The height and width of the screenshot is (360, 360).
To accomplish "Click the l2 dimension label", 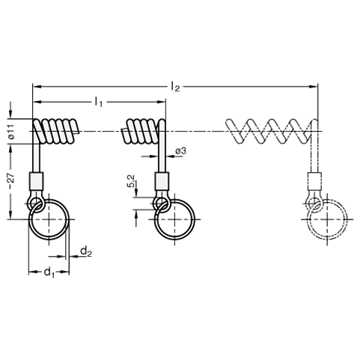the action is coord(175,87).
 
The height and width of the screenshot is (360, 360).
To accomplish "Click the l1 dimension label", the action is coord(98,102).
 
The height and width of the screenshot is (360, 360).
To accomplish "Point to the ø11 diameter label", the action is coord(11,131).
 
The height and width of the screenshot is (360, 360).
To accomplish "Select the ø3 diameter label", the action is coord(180,151).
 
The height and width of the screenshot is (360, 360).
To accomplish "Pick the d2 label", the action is coord(86,251).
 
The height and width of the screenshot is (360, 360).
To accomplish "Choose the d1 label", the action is coord(49,273).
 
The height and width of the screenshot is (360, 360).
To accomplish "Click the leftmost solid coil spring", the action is coord(57,131).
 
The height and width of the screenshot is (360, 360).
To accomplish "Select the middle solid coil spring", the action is coord(143,131).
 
